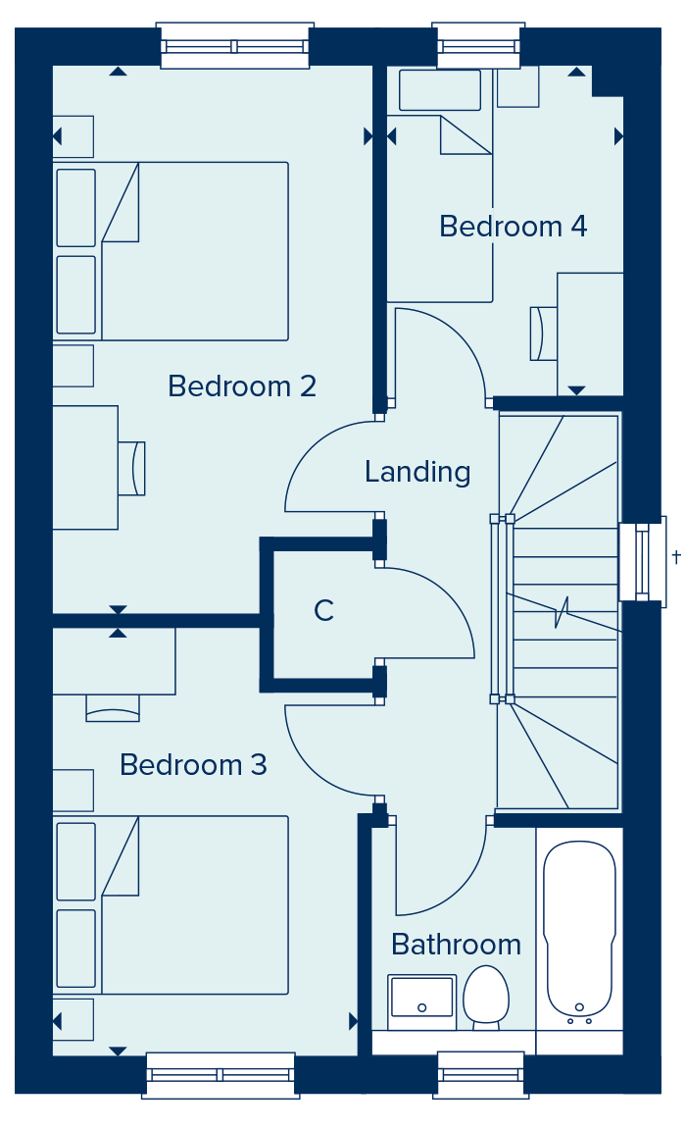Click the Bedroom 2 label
(242, 386)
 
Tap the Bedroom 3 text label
(193, 765)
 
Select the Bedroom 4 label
(514, 227)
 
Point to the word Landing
(417, 472)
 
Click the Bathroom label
(457, 944)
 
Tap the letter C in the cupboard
(324, 610)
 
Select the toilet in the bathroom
(486, 998)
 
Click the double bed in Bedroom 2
(171, 251)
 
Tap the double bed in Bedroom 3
(171, 905)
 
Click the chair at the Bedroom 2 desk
(131, 469)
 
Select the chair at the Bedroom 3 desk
(113, 708)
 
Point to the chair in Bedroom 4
(544, 334)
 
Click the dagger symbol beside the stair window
(676, 556)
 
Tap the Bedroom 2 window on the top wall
(234, 46)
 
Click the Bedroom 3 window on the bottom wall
(220, 1075)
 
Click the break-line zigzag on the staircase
(561, 612)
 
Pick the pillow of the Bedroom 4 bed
(440, 90)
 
